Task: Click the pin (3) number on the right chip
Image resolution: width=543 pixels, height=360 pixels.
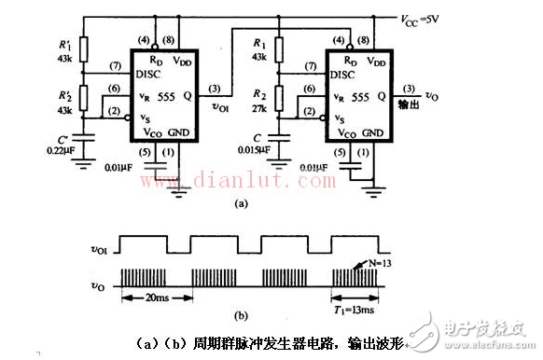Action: tap(408, 89)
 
